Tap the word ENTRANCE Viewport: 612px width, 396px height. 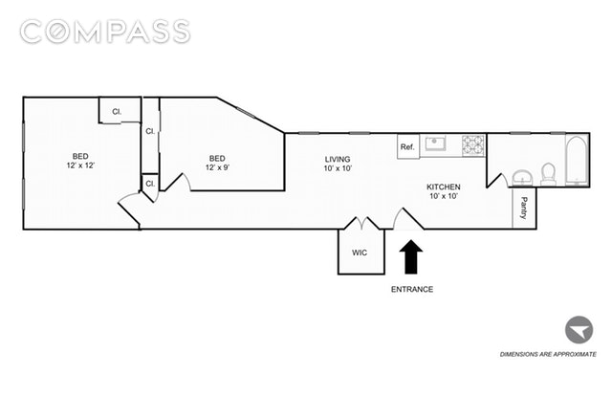click(411, 289)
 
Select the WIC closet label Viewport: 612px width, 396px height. click(360, 253)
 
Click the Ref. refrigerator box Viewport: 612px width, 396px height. click(407, 146)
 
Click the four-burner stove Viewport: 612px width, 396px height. click(473, 145)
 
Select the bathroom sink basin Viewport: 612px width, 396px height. click(522, 177)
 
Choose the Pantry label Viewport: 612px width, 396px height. click(524, 208)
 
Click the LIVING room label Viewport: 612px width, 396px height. click(337, 159)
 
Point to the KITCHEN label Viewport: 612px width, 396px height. click(444, 187)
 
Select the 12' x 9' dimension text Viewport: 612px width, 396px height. click(217, 167)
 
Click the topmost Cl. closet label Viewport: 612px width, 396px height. click(117, 112)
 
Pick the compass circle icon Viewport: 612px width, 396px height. click(578, 331)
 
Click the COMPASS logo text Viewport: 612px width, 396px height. click(105, 32)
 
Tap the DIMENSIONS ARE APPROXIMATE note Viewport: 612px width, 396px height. click(554, 355)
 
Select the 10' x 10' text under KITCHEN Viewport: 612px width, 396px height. click(444, 196)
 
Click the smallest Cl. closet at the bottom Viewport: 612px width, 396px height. click(150, 183)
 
